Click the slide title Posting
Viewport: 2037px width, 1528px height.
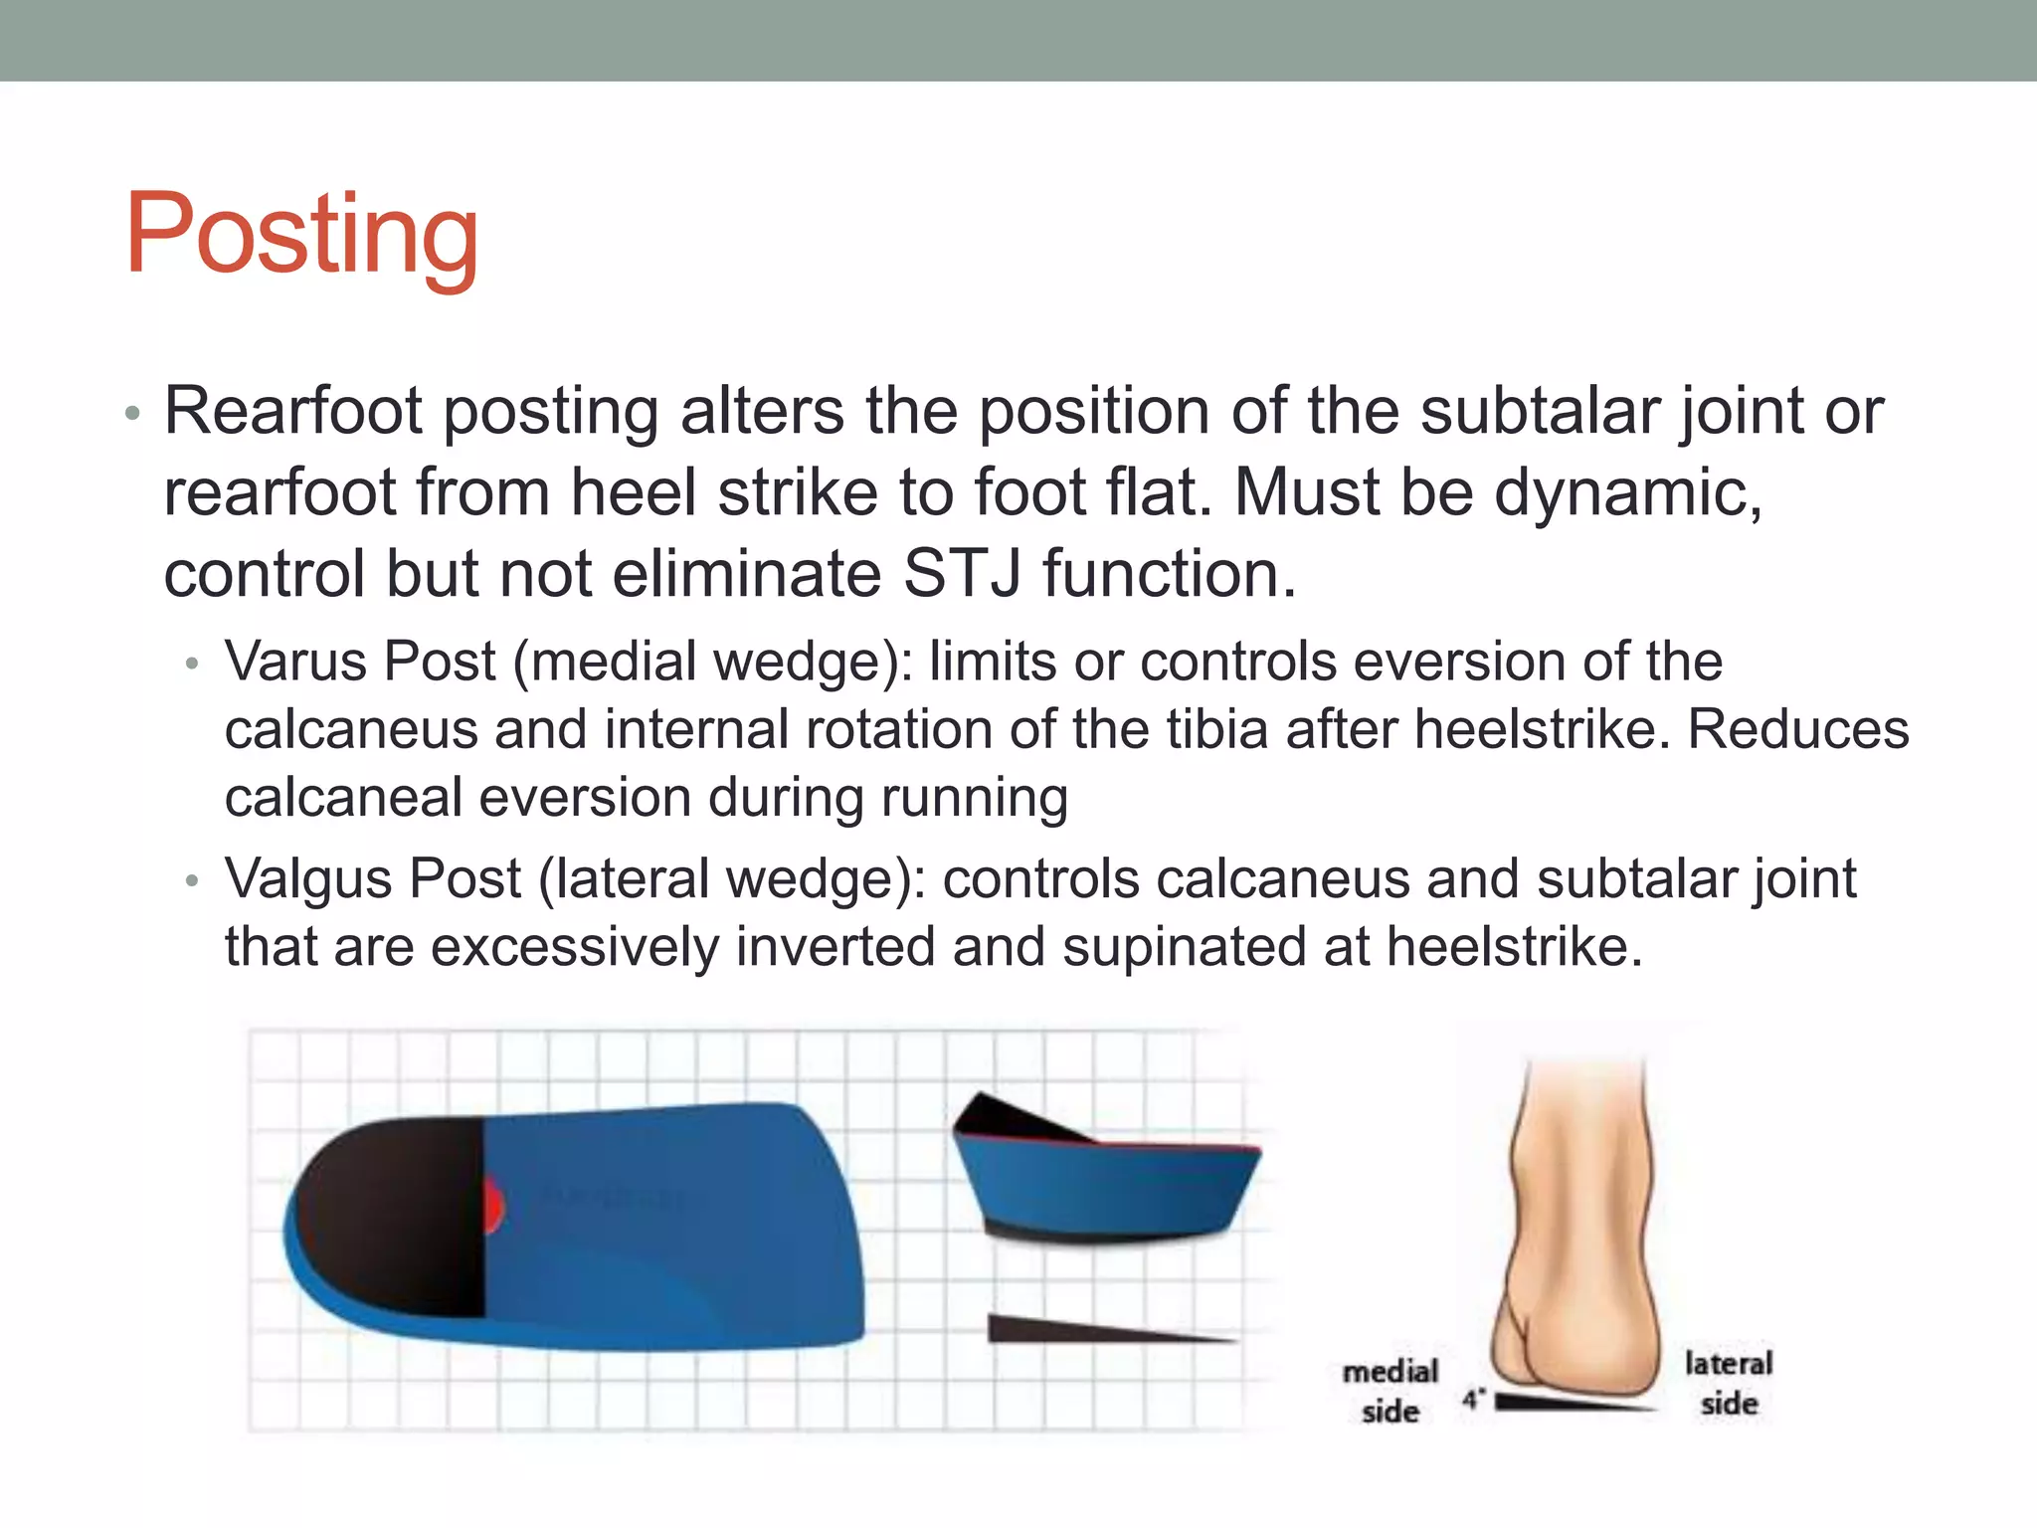click(301, 235)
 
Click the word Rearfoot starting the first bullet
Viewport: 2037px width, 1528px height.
click(293, 411)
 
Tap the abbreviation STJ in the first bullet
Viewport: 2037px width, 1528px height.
click(962, 575)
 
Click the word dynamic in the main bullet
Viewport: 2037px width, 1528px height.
click(1627, 492)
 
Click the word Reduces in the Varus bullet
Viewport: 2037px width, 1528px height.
click(1798, 729)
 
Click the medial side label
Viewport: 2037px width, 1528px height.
click(1389, 1391)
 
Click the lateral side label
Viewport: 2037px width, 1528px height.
click(1728, 1383)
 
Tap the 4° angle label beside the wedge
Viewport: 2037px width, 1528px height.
click(1473, 1400)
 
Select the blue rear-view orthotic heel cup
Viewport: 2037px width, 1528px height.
click(1104, 1189)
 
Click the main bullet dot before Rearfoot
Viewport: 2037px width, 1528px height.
click(133, 414)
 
